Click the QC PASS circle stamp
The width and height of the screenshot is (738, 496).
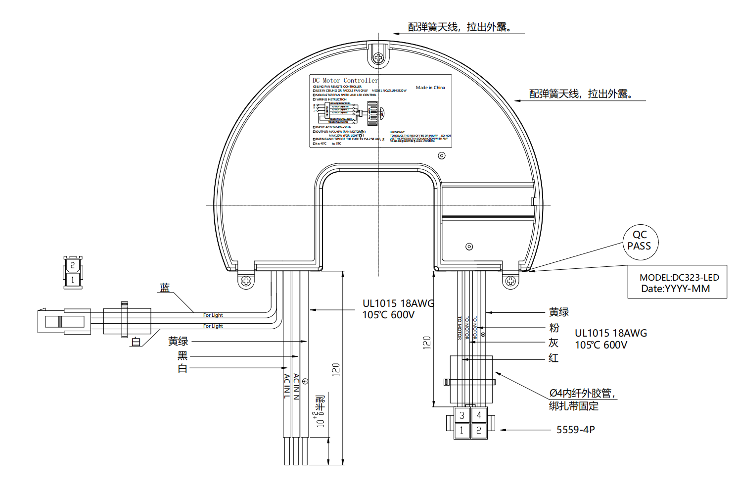pos(640,241)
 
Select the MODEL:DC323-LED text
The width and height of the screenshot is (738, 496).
pos(679,278)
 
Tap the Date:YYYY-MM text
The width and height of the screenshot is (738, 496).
pos(675,289)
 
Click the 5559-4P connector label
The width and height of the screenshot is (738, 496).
pos(576,430)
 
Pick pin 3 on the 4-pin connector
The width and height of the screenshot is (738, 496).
pos(462,415)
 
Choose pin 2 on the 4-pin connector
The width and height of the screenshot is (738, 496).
pos(479,431)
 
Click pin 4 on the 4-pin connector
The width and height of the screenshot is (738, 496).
pos(479,415)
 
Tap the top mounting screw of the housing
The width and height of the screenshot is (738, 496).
pos(378,58)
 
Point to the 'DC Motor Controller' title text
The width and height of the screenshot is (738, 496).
pos(345,80)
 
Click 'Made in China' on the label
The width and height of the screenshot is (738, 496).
pos(430,88)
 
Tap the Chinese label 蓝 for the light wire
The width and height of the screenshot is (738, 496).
pos(165,288)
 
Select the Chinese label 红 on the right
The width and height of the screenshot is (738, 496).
pos(553,358)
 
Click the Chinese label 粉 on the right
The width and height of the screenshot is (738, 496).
pos(554,328)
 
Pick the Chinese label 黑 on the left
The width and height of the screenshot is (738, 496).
pos(183,355)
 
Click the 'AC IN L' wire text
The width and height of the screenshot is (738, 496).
pos(287,386)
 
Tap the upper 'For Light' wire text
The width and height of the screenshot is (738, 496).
pos(213,315)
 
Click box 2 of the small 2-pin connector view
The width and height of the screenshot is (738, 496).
pos(73,265)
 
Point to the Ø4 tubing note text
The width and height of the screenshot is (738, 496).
pos(582,394)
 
